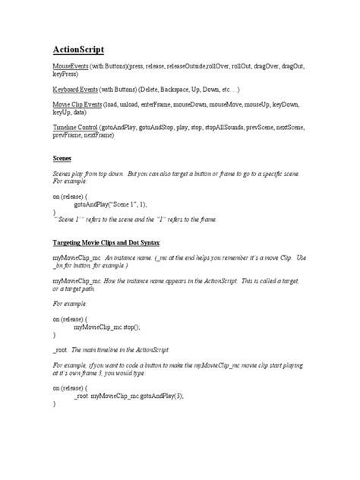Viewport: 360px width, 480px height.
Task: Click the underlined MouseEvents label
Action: tap(80, 68)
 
